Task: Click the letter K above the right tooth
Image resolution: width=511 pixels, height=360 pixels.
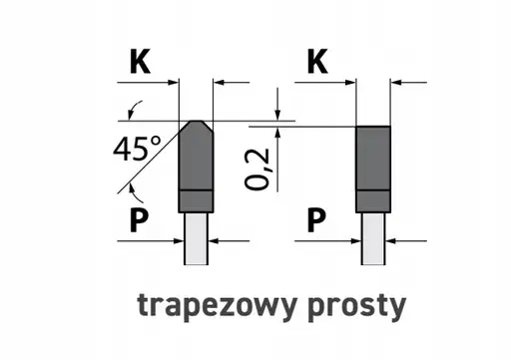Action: click(317, 62)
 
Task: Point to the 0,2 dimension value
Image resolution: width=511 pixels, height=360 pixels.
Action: click(258, 167)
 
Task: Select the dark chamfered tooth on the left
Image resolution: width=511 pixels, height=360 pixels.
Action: click(196, 165)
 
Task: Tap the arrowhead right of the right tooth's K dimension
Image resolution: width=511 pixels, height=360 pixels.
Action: click(396, 82)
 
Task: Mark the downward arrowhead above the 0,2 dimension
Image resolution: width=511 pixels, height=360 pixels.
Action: click(277, 113)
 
